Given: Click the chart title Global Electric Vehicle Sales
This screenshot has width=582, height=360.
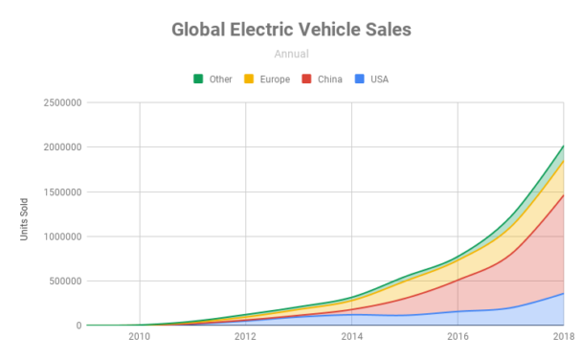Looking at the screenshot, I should point(291,30).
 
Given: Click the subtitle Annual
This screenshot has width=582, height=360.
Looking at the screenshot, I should point(291,55).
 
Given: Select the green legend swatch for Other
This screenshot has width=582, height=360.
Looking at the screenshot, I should point(198,79).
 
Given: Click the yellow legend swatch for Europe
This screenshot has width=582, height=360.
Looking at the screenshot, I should point(249,79).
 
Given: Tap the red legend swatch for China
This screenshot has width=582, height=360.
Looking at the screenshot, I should point(306,79).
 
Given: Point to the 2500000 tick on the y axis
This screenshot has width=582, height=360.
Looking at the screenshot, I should point(57,102).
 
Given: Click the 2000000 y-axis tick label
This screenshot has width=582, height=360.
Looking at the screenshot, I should point(57,147).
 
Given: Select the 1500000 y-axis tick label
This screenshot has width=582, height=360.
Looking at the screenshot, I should point(57,191).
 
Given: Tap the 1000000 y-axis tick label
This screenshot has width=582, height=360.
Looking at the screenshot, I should point(57,236).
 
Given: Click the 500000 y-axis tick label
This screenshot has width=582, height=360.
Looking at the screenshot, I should point(61,281).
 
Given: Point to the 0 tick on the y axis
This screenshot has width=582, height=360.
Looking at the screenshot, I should point(78,326).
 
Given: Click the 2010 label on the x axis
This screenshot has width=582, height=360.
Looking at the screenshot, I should point(140,338).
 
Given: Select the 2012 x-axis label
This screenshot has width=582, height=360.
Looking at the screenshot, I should point(246,338).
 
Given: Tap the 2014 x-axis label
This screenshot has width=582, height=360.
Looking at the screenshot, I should point(352,338).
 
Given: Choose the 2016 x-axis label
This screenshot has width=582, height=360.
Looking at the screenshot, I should point(459,338).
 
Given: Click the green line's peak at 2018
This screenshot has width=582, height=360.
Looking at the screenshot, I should point(564,146).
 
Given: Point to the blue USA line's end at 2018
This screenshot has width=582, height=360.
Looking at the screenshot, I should point(564,293).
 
